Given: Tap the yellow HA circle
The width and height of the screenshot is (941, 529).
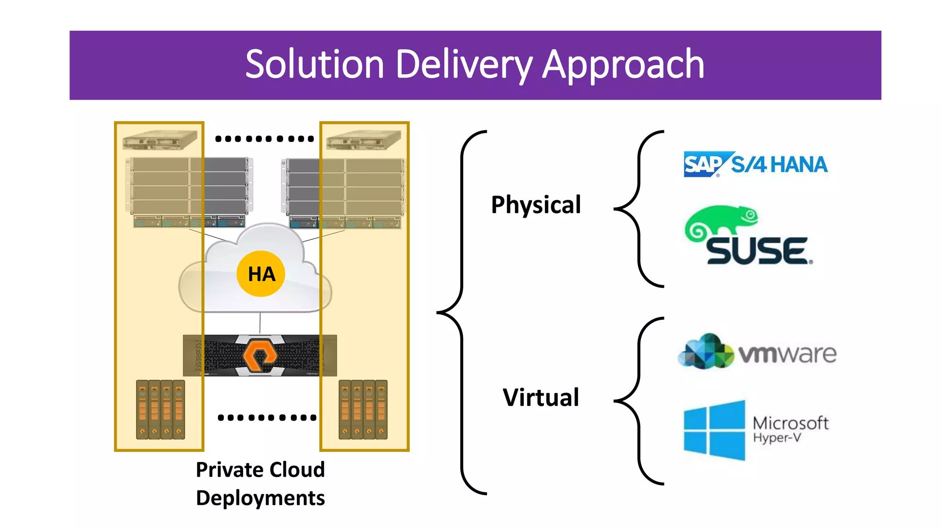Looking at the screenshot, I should coord(261,274).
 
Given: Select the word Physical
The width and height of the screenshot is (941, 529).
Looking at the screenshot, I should coord(536,205).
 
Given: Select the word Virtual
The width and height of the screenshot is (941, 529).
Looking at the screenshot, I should coord(540,398).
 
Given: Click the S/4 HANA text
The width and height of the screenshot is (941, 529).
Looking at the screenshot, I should coord(780,164).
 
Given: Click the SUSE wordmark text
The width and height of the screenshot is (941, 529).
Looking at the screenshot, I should coord(757,251).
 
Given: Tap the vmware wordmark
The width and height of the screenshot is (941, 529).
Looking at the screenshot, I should coord(787,354).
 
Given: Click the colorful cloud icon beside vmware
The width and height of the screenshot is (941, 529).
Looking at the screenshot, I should coord(705,352).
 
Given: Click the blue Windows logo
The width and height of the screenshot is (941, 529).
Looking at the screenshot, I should coord(714,430).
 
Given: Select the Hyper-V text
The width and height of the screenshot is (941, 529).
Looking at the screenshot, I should coord(777,438).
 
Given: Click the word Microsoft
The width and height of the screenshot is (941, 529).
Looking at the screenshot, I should coord(790,422).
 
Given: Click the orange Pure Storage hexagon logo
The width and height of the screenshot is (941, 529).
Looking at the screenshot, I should coord(260,355).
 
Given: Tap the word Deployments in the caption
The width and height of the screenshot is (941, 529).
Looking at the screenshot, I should coord(260,498).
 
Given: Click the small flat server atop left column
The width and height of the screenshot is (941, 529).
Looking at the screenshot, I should coord(159,140).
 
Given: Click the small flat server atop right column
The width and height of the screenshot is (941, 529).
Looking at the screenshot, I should coord(363,140).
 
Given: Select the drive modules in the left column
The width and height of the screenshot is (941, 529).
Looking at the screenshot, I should coord(160,409).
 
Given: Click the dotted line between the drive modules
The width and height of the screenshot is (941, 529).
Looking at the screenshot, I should coord(267,417).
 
